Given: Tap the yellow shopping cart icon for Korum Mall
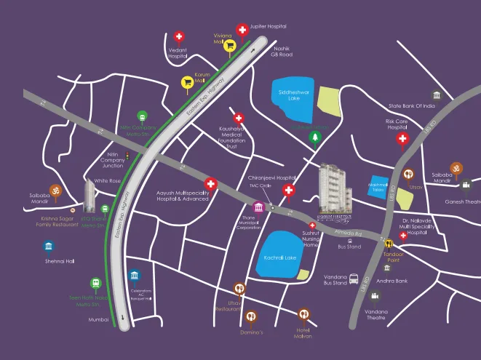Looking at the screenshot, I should point(187,82).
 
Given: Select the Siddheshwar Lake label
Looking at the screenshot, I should point(293,95).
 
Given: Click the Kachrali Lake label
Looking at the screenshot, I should point(280,257).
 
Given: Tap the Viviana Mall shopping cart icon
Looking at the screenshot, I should point(229,44).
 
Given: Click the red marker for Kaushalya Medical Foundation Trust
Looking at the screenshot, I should point(238,118).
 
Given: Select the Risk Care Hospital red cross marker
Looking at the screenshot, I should point(401,140).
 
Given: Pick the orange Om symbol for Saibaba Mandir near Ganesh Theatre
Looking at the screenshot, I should point(456,169).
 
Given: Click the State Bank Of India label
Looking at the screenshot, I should point(411,106).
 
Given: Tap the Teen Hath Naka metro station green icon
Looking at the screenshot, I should point(95,283).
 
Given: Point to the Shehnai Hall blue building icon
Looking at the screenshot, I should point(49,246).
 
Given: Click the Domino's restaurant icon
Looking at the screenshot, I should point(251,316).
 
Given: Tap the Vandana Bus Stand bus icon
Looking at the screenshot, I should point(354,279).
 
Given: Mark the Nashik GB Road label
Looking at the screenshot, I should point(281,51).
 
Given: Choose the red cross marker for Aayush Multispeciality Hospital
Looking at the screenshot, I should point(211,184).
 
